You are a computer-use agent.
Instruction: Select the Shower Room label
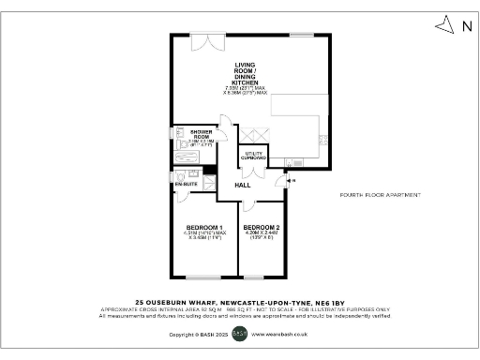[202, 132]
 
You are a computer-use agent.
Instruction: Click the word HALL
[242, 186]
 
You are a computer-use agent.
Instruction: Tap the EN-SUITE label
[185, 185]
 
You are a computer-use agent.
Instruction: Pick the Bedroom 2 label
[260, 228]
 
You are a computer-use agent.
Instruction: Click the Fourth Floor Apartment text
[381, 195]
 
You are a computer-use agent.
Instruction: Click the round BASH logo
[239, 333]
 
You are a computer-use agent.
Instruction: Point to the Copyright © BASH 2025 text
[199, 334]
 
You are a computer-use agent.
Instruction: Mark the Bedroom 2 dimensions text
[260, 235]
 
